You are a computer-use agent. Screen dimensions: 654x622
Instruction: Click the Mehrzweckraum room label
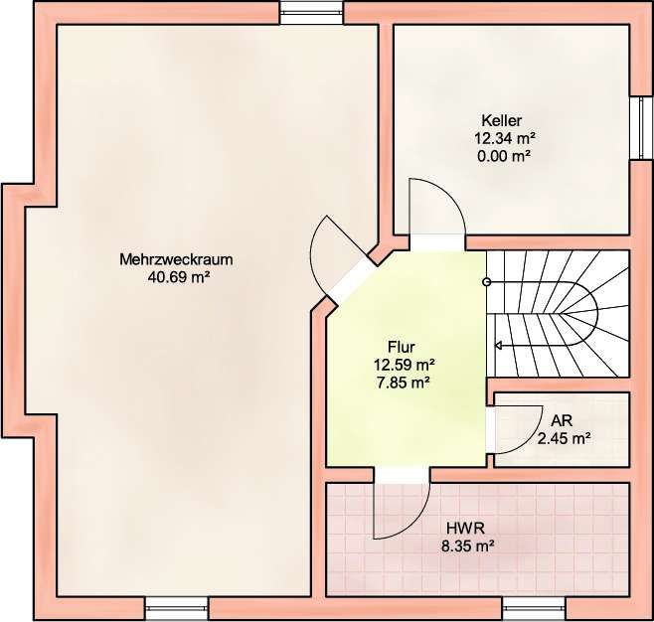point(176,259)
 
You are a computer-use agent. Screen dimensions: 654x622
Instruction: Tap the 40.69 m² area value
point(178,277)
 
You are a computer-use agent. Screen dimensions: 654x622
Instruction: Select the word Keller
point(501,120)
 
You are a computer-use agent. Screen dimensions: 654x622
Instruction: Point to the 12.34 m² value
point(505,138)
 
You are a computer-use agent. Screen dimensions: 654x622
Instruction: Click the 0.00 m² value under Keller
point(504,156)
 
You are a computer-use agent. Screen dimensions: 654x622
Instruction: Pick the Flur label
point(402,347)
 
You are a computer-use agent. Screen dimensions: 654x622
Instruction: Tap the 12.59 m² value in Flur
point(405,365)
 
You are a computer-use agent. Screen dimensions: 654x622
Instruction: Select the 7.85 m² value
point(404,383)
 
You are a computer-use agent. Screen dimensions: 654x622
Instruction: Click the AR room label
point(562,420)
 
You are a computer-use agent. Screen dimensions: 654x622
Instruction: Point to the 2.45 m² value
point(564,438)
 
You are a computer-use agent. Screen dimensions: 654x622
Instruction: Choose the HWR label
point(465,529)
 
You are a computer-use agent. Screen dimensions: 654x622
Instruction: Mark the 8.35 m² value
point(468,546)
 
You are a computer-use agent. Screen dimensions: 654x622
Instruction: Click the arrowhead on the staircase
point(498,345)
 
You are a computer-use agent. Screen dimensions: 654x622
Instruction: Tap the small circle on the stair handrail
point(486,282)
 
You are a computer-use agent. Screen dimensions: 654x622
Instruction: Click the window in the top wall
point(311,13)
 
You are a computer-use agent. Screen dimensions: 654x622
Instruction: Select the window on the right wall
point(641,128)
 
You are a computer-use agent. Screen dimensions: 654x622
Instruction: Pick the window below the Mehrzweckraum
point(177,608)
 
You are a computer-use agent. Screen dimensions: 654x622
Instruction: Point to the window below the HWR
point(534,608)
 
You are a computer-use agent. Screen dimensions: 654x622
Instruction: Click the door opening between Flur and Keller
point(436,242)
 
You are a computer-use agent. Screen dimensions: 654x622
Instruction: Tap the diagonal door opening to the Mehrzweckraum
point(353,282)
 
